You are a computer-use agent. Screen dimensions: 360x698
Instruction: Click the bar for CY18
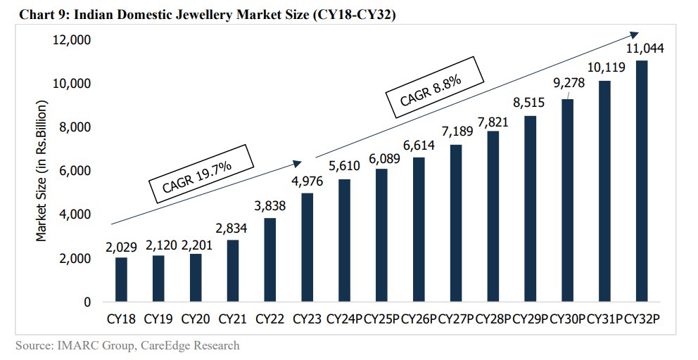(x=121, y=279)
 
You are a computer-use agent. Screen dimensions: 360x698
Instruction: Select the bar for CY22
(x=269, y=259)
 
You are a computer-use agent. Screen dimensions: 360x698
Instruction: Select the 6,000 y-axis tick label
(x=75, y=171)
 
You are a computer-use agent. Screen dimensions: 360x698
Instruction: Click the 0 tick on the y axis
(x=87, y=302)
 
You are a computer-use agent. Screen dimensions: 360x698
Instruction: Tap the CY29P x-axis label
(x=531, y=319)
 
